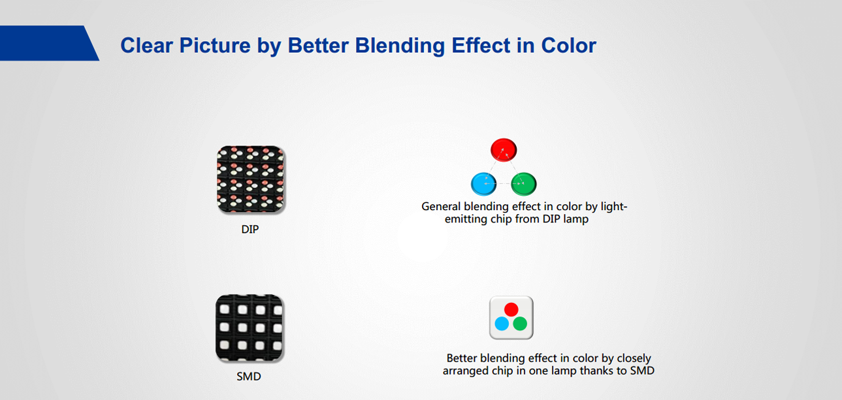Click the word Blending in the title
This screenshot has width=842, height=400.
(400, 46)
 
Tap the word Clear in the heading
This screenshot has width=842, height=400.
(147, 46)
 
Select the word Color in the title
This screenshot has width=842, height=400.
(569, 46)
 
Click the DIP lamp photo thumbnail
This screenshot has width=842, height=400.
(250, 179)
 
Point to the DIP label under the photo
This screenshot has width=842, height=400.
(250, 229)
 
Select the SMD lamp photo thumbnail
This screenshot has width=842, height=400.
(250, 328)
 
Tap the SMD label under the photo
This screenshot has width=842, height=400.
(249, 377)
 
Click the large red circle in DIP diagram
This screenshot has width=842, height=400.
(504, 150)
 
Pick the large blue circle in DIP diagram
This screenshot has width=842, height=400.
(484, 184)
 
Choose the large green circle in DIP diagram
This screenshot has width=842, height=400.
(524, 184)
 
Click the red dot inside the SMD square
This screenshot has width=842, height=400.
(511, 309)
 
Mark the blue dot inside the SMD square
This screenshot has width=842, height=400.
(502, 324)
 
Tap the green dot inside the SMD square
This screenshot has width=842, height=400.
(520, 324)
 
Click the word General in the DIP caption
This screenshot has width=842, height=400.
(441, 206)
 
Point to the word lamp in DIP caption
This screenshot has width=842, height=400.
(576, 219)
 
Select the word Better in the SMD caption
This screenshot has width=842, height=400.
(462, 358)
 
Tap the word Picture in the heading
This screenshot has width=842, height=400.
(215, 46)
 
